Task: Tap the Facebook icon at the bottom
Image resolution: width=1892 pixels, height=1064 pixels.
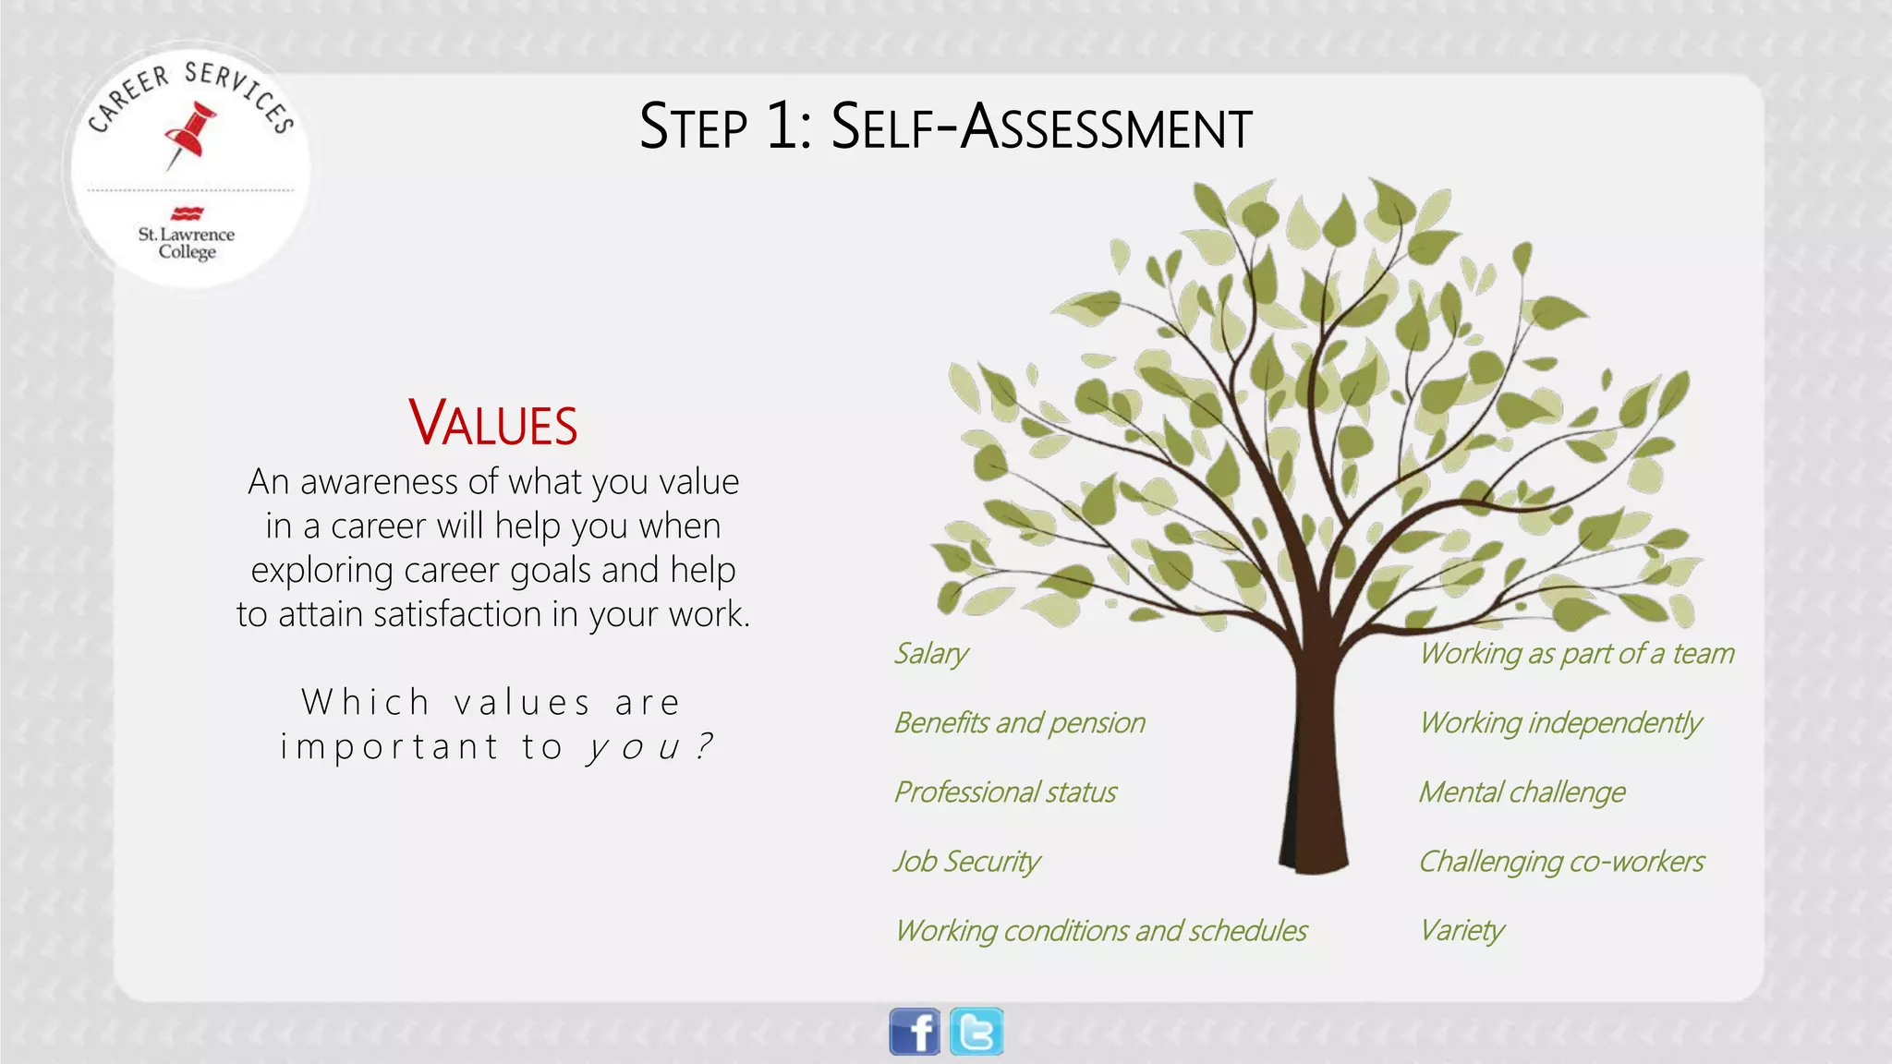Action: (915, 1032)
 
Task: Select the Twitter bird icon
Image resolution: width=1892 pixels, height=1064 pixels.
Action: (976, 1032)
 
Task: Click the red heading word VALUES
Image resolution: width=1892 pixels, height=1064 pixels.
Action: (493, 424)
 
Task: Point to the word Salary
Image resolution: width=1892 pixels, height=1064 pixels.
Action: (930, 654)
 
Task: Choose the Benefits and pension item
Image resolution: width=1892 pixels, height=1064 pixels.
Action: (1019, 723)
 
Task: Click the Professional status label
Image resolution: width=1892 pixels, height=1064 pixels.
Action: (1005, 792)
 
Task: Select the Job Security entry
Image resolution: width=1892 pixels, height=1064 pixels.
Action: (966, 862)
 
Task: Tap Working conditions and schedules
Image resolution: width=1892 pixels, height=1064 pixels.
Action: (1101, 931)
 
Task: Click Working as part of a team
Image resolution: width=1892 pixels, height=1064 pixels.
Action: (1576, 654)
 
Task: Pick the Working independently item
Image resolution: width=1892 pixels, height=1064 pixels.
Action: (1560, 723)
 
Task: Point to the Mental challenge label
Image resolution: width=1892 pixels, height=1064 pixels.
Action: (1522, 792)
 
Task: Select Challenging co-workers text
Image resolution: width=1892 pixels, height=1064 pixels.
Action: (1561, 862)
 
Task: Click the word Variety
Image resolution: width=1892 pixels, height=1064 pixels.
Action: (1462, 931)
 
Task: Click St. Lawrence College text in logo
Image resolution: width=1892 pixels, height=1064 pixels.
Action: (187, 243)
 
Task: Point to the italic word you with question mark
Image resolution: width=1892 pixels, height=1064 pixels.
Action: (649, 746)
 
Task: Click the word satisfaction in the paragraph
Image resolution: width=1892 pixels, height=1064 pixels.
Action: (458, 614)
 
